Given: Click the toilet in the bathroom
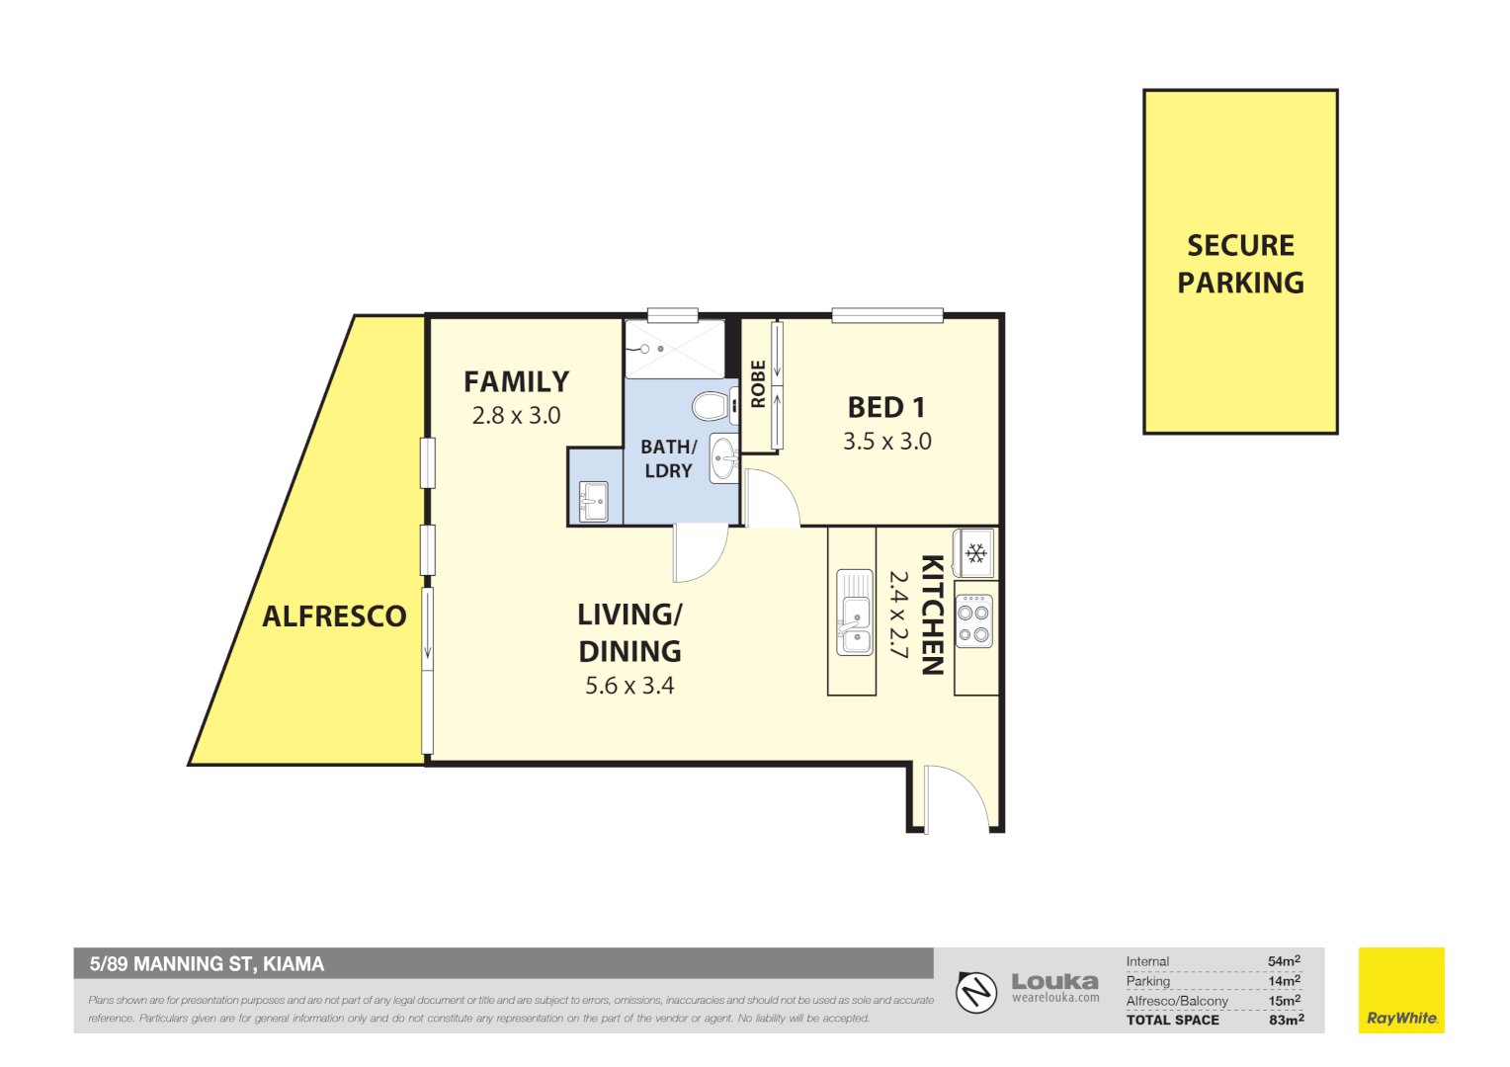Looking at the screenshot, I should pyautogui.click(x=710, y=405).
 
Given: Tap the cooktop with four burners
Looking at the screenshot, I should pyautogui.click(x=974, y=621).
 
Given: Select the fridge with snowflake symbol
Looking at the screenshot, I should pyautogui.click(x=975, y=553).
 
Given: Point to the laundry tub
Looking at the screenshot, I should pyautogui.click(x=594, y=500).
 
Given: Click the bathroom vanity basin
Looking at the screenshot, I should pyautogui.click(x=724, y=457).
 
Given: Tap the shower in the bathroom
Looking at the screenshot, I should pyautogui.click(x=674, y=349).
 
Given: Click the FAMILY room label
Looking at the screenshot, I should pyautogui.click(x=516, y=381).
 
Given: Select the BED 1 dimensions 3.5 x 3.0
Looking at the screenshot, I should pyautogui.click(x=886, y=442).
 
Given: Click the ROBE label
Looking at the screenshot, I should pyautogui.click(x=758, y=383).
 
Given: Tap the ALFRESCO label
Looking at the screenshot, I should pyautogui.click(x=334, y=616).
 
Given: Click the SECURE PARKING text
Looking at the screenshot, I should pyautogui.click(x=1240, y=264).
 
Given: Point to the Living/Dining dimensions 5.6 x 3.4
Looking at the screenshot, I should pyautogui.click(x=629, y=686).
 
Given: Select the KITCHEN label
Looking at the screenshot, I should pyautogui.click(x=932, y=615).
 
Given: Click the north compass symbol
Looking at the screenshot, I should pyautogui.click(x=976, y=991).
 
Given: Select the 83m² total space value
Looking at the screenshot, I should pyautogui.click(x=1286, y=1020).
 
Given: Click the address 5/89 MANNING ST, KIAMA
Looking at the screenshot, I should pyautogui.click(x=207, y=963).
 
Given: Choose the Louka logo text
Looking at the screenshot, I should pyautogui.click(x=1054, y=981).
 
